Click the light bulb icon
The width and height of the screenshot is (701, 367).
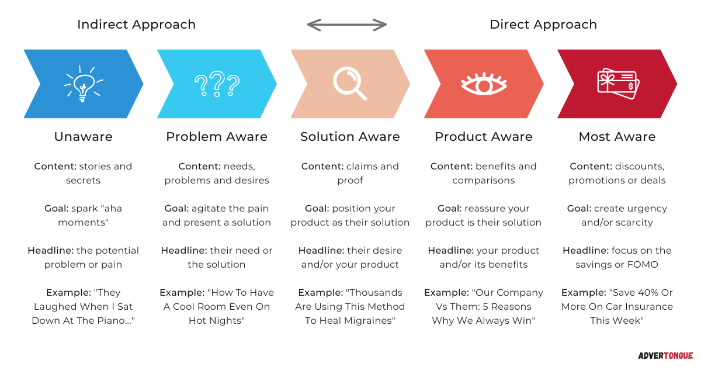point(83,84)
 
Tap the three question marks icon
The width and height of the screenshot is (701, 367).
point(217,84)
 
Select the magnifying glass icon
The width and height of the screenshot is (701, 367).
point(350,84)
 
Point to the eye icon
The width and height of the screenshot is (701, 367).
point(484,84)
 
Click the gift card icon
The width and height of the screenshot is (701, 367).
point(619,84)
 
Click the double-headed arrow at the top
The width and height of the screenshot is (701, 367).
point(347,25)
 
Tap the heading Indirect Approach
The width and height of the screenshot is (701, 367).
point(137,25)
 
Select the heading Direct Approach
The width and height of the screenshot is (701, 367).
point(543,25)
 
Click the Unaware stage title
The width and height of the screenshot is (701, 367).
point(83,137)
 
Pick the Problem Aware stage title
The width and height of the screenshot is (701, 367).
point(217,137)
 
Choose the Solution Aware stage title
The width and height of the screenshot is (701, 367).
point(350,137)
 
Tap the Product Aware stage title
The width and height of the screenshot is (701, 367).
point(484,137)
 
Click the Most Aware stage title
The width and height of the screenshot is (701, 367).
point(617,137)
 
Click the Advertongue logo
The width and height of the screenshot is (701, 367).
point(665,356)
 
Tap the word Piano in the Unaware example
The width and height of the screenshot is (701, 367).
point(113,321)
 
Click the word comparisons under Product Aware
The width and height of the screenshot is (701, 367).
point(484,181)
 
